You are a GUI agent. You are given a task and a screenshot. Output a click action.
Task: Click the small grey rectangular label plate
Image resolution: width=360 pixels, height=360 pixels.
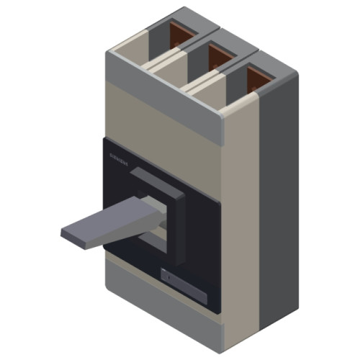[x=183, y=284]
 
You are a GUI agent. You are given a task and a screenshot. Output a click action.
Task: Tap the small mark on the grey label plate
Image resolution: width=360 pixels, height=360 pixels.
[x=167, y=276]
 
